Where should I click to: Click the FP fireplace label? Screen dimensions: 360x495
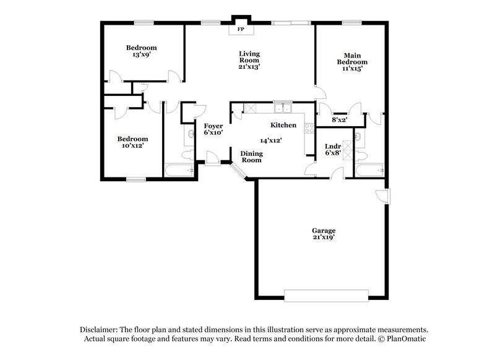pyautogui.click(x=240, y=29)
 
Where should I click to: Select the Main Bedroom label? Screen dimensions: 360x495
pyautogui.click(x=352, y=62)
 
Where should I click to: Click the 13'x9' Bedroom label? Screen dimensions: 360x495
pyautogui.click(x=141, y=51)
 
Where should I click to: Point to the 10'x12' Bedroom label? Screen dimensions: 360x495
pyautogui.click(x=133, y=143)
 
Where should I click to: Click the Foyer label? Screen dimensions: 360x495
pyautogui.click(x=213, y=129)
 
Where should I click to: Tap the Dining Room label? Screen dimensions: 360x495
pyautogui.click(x=251, y=156)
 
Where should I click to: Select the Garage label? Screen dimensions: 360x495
pyautogui.click(x=324, y=234)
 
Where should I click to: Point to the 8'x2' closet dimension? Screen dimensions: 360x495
pyautogui.click(x=339, y=120)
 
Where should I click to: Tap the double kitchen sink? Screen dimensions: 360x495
pyautogui.click(x=283, y=109)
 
